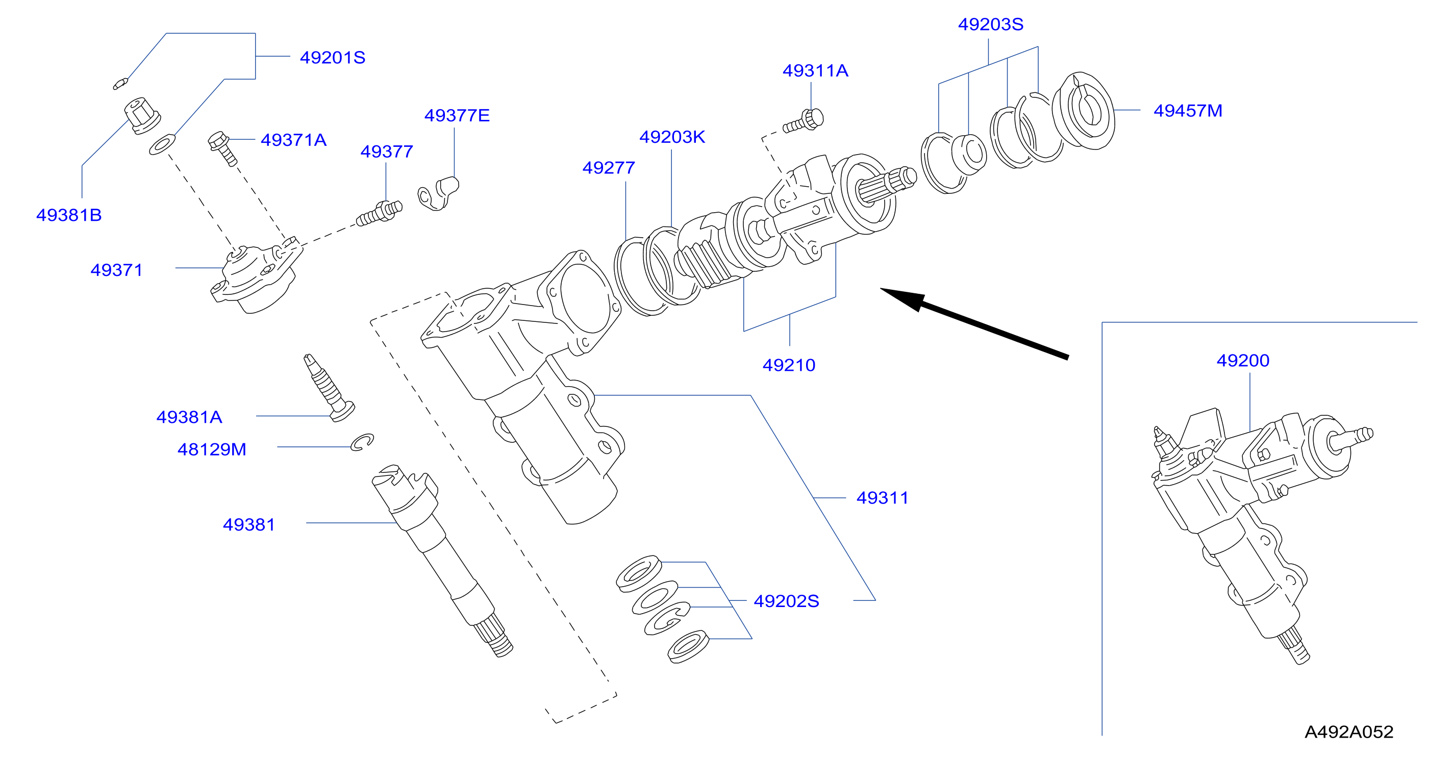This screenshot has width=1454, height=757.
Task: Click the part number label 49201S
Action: point(333,58)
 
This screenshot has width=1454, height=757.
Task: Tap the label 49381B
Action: point(69,215)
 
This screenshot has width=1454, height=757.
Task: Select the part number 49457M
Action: point(1188,111)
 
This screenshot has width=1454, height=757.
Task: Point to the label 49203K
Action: point(672,137)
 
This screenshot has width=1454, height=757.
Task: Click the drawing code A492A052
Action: point(1349,731)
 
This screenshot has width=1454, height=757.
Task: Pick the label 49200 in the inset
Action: point(1243,360)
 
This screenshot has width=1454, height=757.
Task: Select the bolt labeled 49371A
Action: point(222,148)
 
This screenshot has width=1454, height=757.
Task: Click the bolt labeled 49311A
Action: point(803,121)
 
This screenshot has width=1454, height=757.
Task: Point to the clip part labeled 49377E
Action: point(438,193)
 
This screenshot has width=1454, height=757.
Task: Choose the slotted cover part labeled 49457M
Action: point(1083,111)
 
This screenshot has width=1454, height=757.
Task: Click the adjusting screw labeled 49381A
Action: point(329,388)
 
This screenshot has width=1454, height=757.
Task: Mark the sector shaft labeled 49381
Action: point(442,561)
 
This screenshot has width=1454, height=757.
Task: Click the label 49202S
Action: point(786,601)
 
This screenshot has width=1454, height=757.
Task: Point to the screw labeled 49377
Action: point(379,213)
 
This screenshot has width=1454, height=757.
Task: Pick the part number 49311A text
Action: point(815,71)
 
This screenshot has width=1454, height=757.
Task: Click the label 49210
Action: point(789,365)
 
